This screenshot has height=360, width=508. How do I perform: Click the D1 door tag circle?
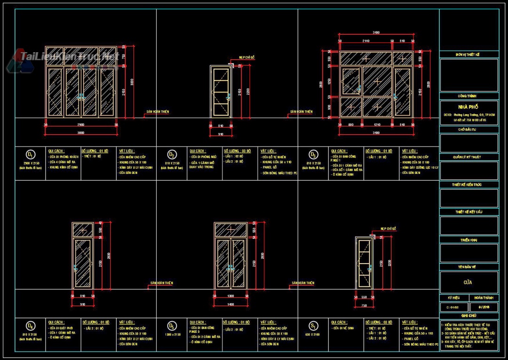(x=31, y=155)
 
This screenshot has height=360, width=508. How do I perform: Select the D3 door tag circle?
(x=313, y=155)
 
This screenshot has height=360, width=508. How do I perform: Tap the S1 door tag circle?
(x=313, y=326)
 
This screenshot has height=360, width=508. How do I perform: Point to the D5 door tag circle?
(x=172, y=326)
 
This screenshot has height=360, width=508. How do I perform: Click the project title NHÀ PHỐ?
(x=468, y=107)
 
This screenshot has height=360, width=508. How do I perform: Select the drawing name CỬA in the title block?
(x=468, y=282)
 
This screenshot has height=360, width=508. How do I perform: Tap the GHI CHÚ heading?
(x=468, y=316)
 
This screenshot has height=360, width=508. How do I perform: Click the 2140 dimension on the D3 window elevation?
(x=365, y=41)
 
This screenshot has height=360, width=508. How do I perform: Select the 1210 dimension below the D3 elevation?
(x=377, y=125)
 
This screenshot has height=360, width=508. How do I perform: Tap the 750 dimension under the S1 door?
(x=364, y=305)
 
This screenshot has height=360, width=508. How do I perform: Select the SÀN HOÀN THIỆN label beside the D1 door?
(x=158, y=112)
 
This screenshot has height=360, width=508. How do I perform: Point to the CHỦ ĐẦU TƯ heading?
(x=468, y=129)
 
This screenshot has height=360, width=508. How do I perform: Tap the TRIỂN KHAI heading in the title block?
(x=468, y=240)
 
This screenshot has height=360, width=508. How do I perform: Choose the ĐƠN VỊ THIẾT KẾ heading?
(x=468, y=55)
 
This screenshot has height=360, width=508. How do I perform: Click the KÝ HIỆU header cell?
(x=454, y=298)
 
